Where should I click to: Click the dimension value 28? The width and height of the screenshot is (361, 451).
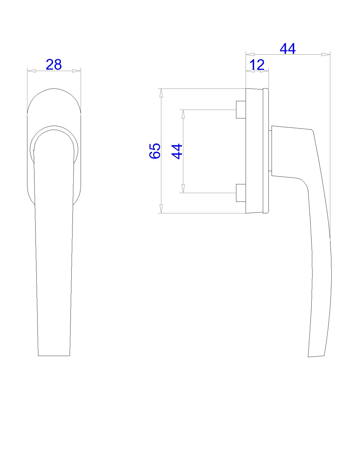[x=54, y=65]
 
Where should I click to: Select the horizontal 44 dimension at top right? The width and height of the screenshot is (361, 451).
[x=288, y=49]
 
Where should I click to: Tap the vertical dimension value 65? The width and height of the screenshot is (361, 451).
[x=155, y=151]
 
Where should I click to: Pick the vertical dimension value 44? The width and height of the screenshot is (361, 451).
[x=177, y=152]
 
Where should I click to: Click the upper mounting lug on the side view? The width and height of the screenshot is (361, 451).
[x=241, y=109]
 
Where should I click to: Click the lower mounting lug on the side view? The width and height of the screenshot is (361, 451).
[x=241, y=193]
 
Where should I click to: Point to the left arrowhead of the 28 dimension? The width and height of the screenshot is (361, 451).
[x=31, y=71]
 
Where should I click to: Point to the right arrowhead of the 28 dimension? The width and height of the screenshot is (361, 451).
[x=76, y=71]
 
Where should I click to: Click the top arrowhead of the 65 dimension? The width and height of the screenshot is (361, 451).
[x=161, y=93]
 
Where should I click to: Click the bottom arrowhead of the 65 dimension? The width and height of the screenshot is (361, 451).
[x=161, y=209]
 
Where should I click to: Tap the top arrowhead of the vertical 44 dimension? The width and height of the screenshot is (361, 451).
[x=183, y=114]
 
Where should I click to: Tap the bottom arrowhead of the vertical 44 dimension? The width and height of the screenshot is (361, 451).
[x=183, y=189]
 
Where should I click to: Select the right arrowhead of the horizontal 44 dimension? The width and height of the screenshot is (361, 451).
[x=326, y=54]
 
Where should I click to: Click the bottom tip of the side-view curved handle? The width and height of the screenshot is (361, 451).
[x=316, y=356]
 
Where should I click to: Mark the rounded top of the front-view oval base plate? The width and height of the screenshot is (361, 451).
[x=54, y=89]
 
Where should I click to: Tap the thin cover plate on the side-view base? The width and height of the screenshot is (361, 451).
[x=266, y=151]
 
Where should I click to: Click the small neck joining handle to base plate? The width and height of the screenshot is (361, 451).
[x=270, y=151]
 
